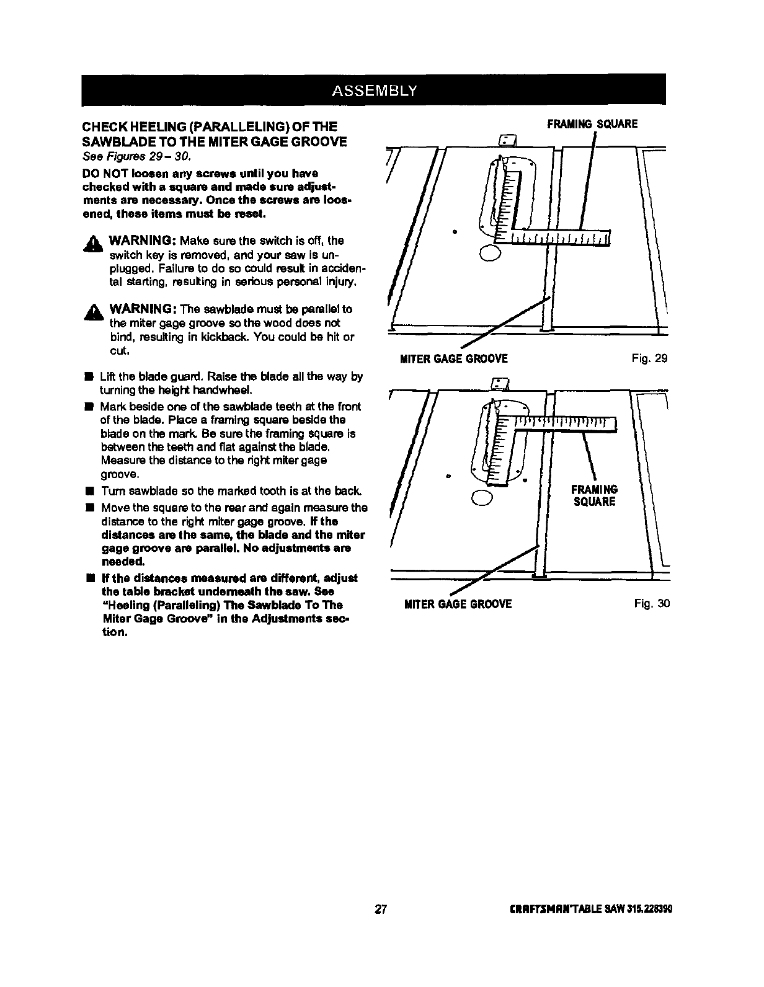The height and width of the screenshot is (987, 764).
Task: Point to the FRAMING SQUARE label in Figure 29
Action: [592, 124]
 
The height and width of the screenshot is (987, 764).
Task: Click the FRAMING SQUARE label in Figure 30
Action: [593, 495]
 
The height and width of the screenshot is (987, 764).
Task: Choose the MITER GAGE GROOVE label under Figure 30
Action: [458, 604]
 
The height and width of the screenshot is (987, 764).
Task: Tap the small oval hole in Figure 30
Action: [482, 497]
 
